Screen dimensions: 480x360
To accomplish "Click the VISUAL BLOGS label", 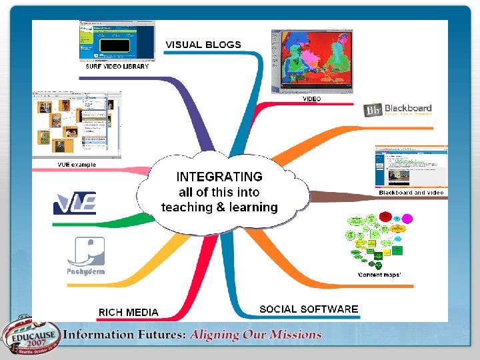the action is click(203, 45).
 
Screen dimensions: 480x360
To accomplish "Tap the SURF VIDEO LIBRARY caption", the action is click(117, 67).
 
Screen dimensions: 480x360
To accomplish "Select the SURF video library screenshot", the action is click(117, 41).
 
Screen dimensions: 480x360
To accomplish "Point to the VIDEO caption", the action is click(311, 99).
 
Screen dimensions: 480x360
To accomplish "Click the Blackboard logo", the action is click(398, 109).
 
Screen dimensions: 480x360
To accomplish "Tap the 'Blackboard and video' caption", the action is click(411, 193).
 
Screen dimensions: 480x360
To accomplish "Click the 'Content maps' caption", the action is click(379, 275).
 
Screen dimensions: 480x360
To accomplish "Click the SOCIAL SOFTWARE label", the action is click(309, 309).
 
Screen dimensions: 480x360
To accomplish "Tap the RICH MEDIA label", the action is click(129, 312).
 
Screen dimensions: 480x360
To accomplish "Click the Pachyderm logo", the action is click(85, 257).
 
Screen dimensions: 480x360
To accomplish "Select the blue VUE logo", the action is click(75, 203).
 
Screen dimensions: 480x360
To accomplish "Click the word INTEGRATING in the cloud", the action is click(219, 177).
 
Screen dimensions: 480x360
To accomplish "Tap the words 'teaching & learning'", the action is click(219, 207).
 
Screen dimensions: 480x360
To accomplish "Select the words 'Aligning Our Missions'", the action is click(255, 335).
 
